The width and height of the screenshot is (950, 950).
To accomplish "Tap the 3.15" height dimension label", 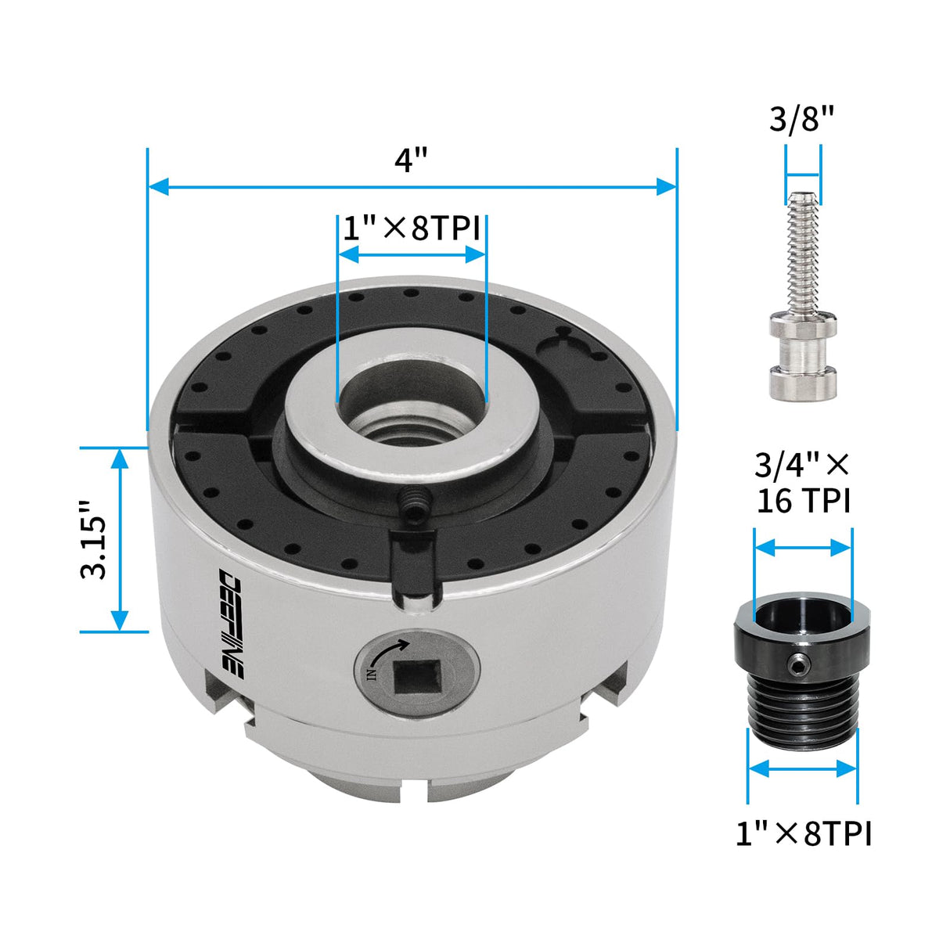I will pos(94,539).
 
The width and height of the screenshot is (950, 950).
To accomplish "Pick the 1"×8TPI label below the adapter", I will pos(803,833).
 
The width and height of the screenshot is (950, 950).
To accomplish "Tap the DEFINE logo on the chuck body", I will pos(232,622).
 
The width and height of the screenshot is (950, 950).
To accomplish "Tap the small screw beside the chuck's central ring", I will pos(414,503).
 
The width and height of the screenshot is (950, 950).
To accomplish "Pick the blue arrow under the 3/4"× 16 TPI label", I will pos(803,547).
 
